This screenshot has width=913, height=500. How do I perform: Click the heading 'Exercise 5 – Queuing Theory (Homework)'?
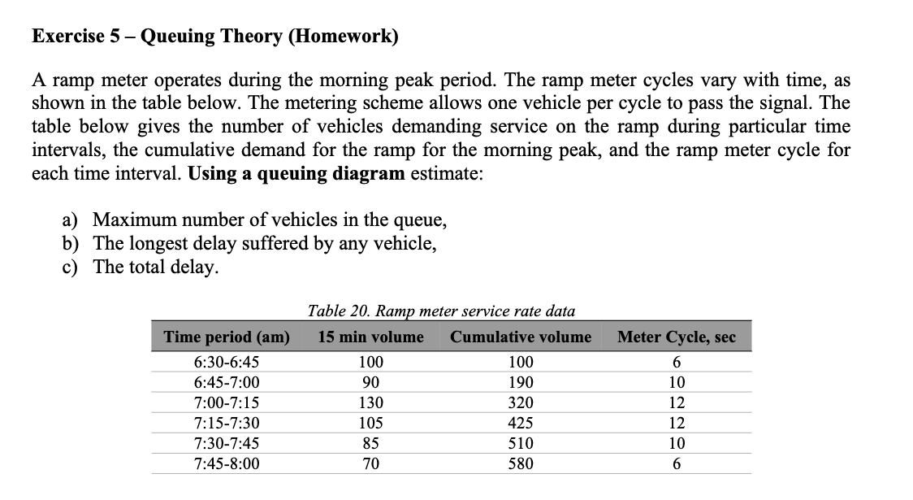[x=214, y=37]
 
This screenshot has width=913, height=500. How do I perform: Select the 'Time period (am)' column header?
[x=227, y=337]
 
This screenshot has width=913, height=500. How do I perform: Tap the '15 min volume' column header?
[x=370, y=337]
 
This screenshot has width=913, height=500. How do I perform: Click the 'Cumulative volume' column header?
[x=520, y=337]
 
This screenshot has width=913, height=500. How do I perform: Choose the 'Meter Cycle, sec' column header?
[x=676, y=337]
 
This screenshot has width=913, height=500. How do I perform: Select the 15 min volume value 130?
[x=370, y=403]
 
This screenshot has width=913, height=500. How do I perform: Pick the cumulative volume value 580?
[x=520, y=464]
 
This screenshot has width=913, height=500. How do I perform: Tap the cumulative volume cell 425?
[x=520, y=424]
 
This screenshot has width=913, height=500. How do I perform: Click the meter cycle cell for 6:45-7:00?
[x=676, y=383]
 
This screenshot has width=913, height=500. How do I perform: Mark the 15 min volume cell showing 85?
[x=370, y=444]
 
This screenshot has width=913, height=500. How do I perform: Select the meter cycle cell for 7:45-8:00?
[x=676, y=464]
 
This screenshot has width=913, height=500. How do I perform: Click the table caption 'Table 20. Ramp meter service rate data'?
[x=441, y=311]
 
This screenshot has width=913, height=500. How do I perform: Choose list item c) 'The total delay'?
[x=154, y=267]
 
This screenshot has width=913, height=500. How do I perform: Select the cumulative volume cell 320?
[x=520, y=403]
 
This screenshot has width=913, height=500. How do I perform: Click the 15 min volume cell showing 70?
[x=370, y=464]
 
